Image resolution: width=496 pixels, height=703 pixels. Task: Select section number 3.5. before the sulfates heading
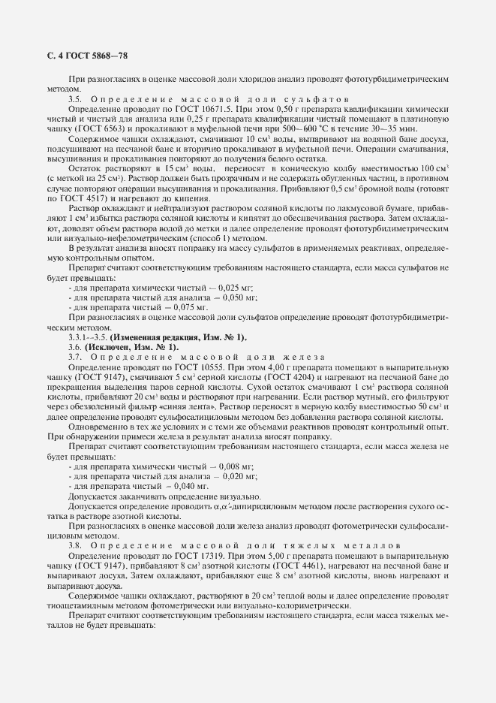75,99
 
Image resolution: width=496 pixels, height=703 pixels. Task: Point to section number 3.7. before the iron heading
75,356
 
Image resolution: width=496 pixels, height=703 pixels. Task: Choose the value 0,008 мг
234,466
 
